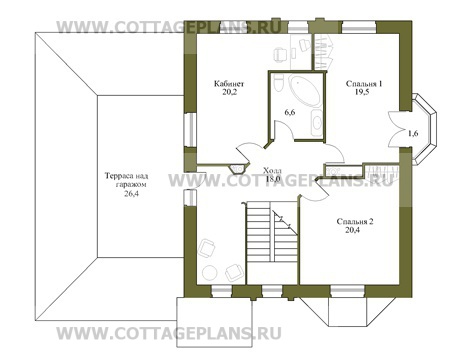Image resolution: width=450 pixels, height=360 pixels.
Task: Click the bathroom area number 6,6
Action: [x=289, y=112]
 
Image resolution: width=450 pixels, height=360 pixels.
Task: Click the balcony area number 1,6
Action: [x=412, y=131]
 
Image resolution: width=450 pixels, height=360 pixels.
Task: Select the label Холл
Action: [x=272, y=171]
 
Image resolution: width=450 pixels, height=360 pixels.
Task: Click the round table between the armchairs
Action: [x=217, y=259]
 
